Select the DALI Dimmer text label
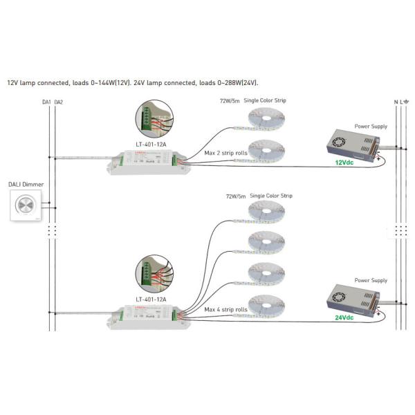24,184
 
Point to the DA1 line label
46,102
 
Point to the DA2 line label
58,102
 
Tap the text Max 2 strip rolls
225,153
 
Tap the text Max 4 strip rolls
225,310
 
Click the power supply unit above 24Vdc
351,297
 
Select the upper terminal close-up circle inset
154,120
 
